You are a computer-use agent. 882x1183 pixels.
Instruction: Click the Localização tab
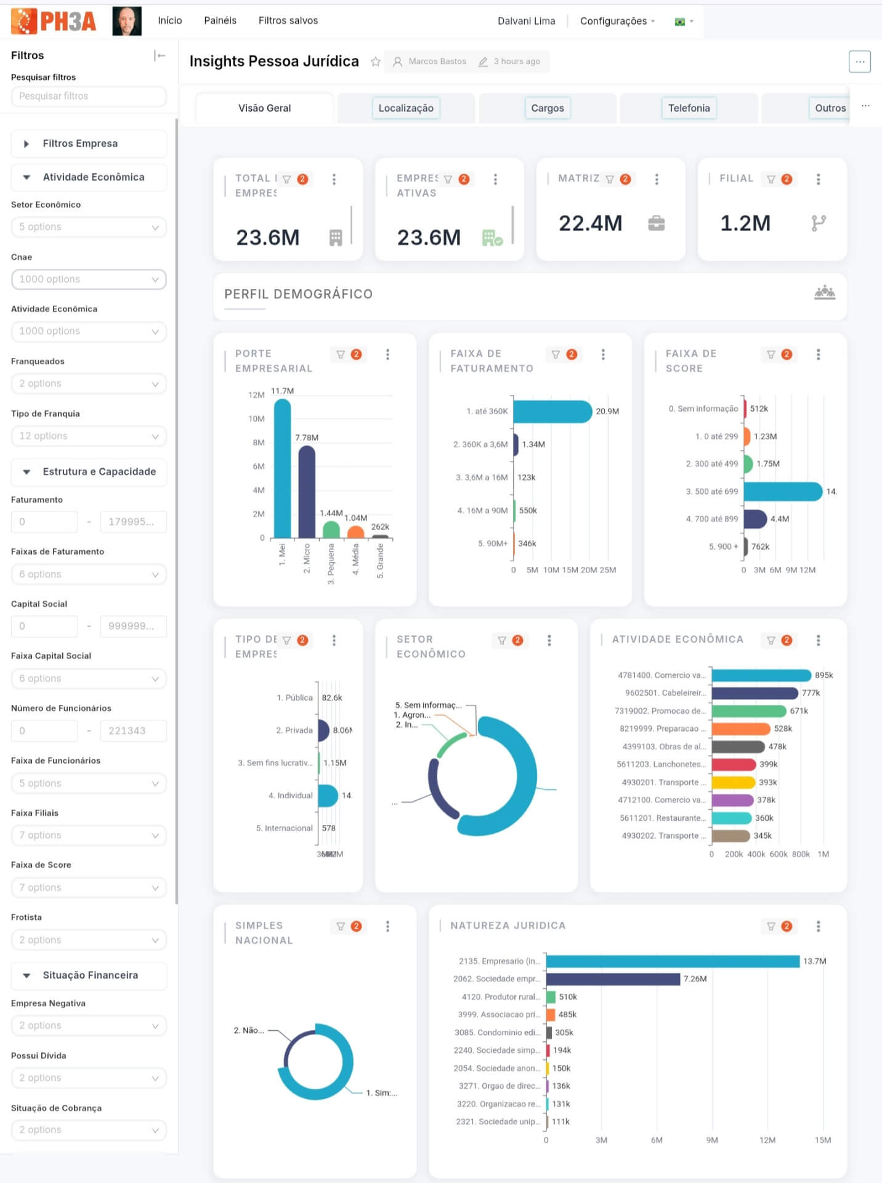405,108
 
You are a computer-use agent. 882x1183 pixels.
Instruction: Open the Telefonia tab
689,108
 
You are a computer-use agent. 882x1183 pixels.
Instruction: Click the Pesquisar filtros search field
89,96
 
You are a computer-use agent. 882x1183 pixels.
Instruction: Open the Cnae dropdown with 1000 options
89,279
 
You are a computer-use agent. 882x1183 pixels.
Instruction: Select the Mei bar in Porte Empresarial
282,468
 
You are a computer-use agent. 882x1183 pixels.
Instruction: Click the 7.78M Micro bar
307,492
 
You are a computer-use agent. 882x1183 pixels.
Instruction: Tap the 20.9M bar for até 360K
551,412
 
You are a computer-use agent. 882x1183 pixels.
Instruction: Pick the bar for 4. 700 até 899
755,519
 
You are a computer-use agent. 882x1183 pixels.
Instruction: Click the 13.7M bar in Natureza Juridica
672,961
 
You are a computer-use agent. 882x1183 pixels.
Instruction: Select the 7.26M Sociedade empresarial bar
612,979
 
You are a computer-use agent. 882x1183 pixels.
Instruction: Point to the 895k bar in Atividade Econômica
761,675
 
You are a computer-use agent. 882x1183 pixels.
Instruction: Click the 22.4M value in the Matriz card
590,223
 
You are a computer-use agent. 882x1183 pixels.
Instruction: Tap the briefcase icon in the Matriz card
656,223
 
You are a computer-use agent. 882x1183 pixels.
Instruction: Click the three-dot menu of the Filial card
818,179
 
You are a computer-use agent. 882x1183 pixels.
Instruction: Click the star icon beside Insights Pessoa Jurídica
375,62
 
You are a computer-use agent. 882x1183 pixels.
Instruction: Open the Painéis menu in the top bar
220,20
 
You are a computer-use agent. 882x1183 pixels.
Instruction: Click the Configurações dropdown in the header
617,21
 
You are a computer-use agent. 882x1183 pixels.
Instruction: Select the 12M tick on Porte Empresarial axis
256,395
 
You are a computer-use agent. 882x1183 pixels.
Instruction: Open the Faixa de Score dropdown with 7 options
89,887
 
